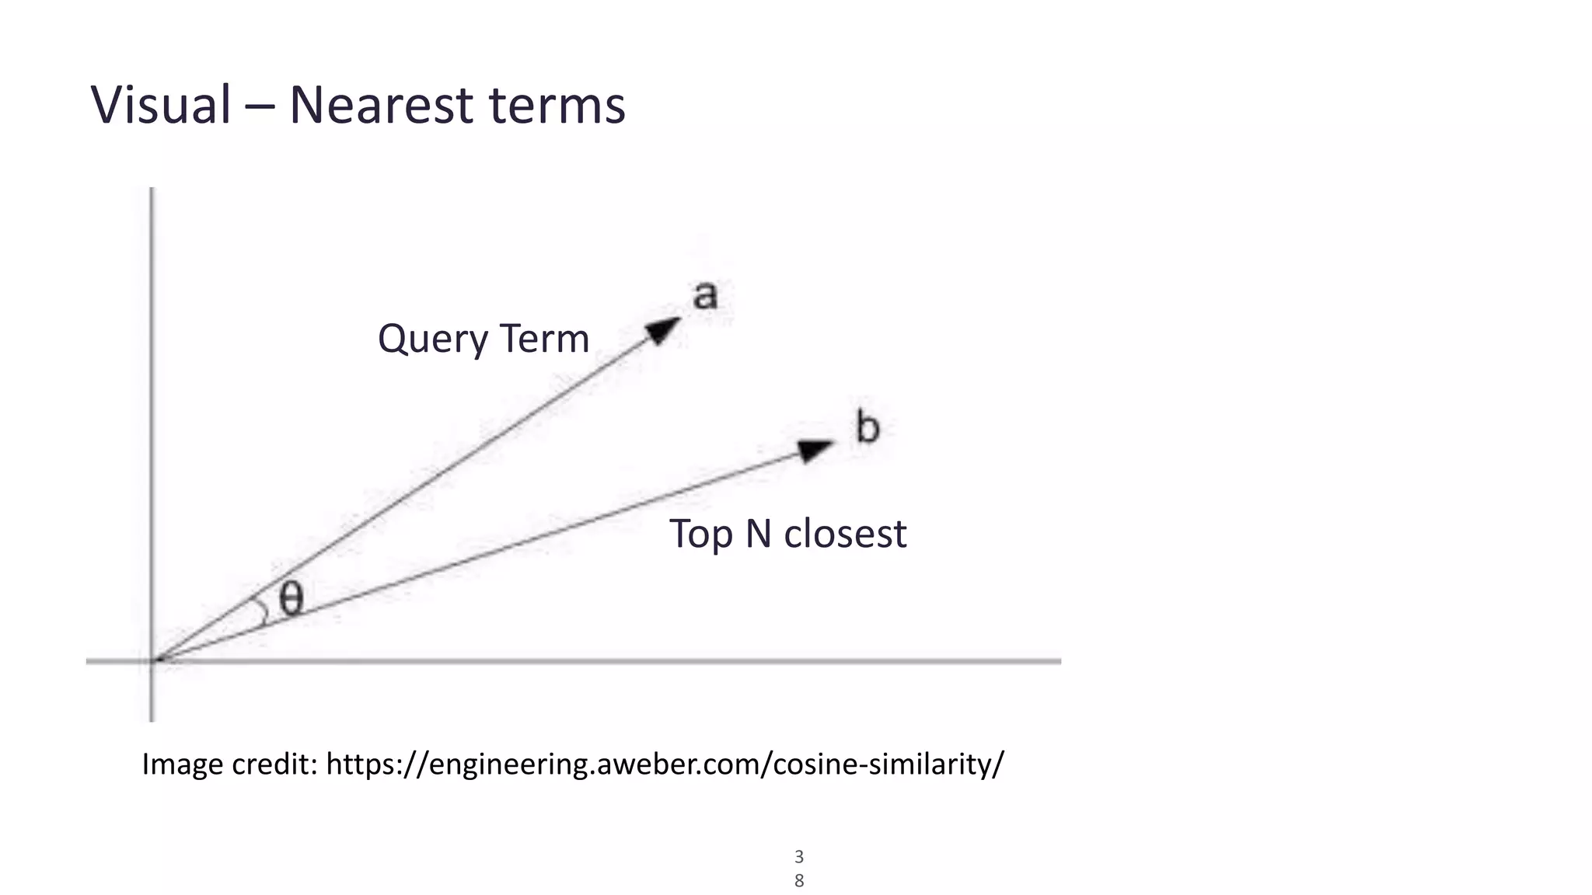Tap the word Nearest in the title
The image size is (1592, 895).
pos(380,105)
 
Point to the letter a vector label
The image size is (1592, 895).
pos(705,296)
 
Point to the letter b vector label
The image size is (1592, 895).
pos(868,427)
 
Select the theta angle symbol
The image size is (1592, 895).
pos(291,599)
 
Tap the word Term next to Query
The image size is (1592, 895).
pos(544,339)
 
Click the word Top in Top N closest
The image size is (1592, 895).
pos(700,535)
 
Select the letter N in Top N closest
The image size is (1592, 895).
pos(759,534)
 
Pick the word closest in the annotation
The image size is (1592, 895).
pos(845,534)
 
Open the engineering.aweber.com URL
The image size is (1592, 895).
pos(665,764)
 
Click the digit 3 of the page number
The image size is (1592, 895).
pos(799,857)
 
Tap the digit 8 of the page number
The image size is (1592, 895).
pos(799,881)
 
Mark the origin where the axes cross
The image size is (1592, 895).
pos(152,661)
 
